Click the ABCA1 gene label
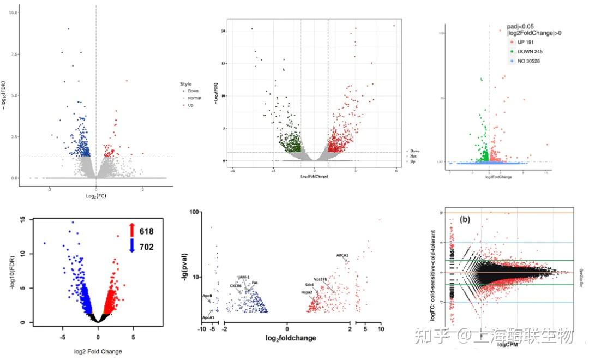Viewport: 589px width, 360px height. pyautogui.click(x=342, y=255)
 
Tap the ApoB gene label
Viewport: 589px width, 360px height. pyautogui.click(x=207, y=296)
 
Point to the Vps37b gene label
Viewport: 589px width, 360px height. pyautogui.click(x=321, y=279)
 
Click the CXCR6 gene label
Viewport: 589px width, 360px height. pyautogui.click(x=236, y=285)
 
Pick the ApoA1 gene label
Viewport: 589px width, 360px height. pyautogui.click(x=208, y=317)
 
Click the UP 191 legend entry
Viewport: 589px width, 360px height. pyautogui.click(x=525, y=41)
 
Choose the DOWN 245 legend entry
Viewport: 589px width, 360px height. pyautogui.click(x=528, y=51)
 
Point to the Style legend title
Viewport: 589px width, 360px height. pyautogui.click(x=185, y=84)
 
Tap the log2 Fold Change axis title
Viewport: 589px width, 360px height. pyautogui.click(x=98, y=351)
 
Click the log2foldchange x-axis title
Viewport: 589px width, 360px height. pyautogui.click(x=291, y=338)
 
